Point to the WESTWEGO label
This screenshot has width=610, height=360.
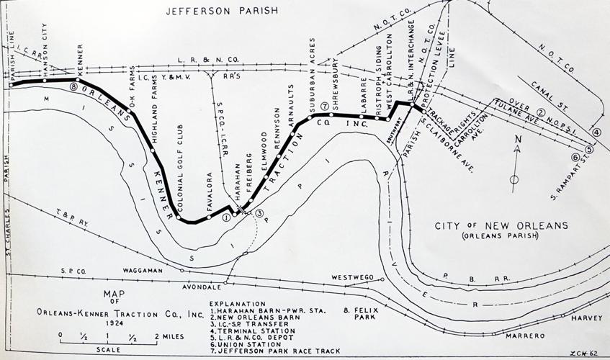point(351,276)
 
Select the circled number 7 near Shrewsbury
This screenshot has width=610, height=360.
point(325,107)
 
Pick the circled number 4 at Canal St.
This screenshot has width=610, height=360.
point(596,132)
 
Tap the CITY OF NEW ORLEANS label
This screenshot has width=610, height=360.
point(501,226)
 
